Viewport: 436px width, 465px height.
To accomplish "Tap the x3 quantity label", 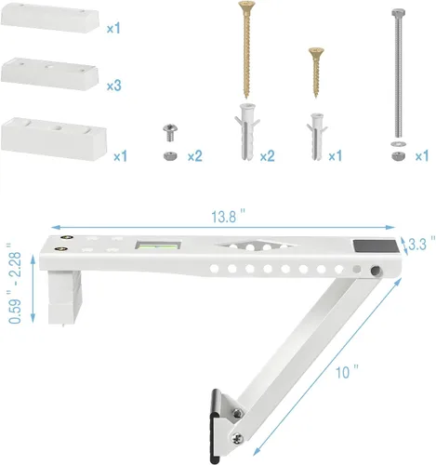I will [114, 85].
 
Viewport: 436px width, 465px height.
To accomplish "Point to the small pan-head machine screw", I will [170, 131].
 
